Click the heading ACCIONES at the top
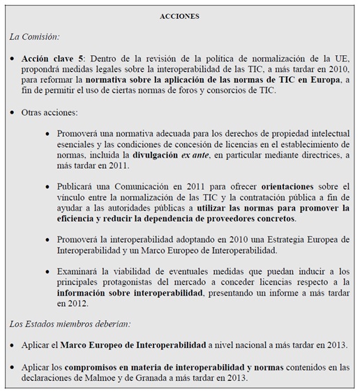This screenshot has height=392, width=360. pyautogui.click(x=179, y=16)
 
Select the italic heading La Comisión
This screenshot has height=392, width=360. pyautogui.click(x=34, y=36)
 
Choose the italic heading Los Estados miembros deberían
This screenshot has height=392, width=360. pyautogui.click(x=70, y=324)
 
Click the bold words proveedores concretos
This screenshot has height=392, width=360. pyautogui.click(x=244, y=218)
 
